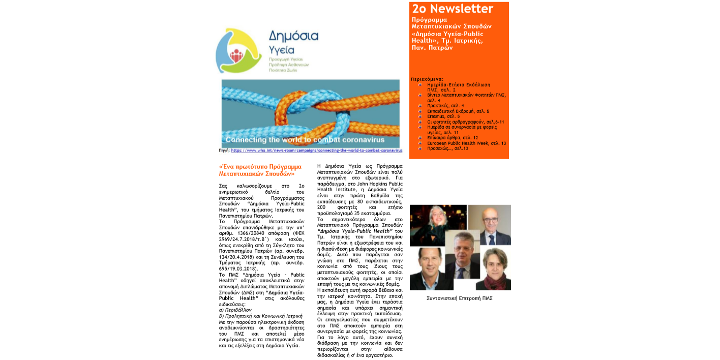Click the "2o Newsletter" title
[x=453, y=9]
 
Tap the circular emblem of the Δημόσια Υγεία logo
[x=238, y=51]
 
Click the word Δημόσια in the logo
[x=293, y=36]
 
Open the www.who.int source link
[x=316, y=151]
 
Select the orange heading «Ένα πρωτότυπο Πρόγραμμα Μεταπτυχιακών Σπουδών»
[x=260, y=170]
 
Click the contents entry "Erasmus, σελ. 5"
[x=443, y=116]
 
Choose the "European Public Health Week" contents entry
[x=466, y=143]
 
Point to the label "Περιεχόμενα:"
[x=427, y=79]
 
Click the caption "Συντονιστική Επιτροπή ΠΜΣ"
[x=459, y=298]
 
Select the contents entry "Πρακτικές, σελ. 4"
[x=445, y=106]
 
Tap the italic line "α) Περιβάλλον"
[x=235, y=310]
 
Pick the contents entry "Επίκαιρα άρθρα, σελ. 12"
[x=453, y=138]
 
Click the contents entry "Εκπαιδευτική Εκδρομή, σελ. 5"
[x=458, y=111]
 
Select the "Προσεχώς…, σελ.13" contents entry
[x=447, y=148]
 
